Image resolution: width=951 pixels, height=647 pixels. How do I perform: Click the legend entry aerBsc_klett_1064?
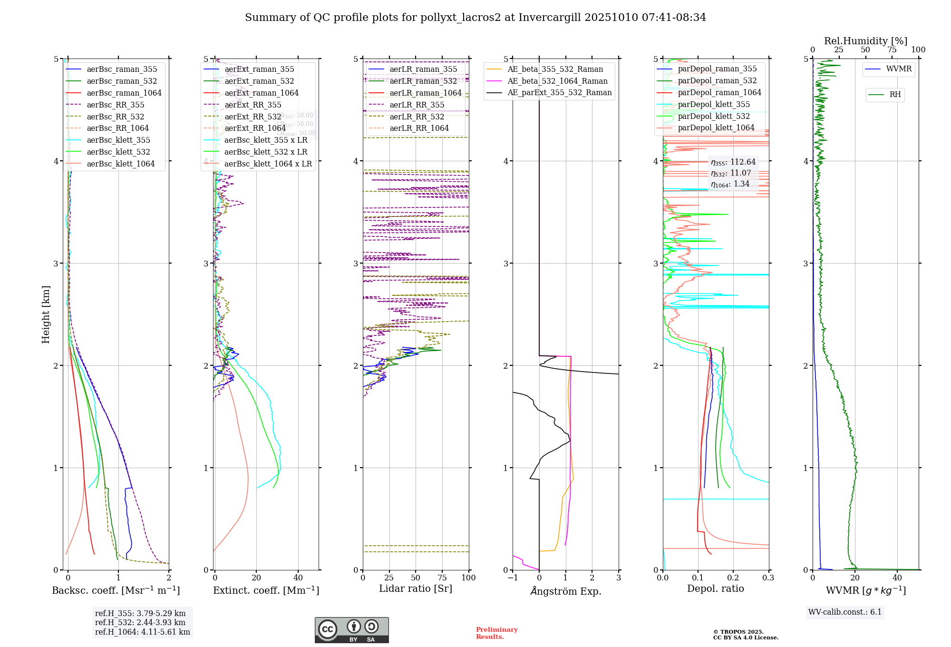tap(120, 164)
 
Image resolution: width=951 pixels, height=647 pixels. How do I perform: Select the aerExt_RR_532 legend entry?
tap(252, 117)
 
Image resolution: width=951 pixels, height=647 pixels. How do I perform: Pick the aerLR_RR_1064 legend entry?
tap(419, 128)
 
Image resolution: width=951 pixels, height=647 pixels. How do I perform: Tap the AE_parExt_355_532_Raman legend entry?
tap(559, 92)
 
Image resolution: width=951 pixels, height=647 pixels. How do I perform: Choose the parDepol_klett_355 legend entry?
tap(713, 104)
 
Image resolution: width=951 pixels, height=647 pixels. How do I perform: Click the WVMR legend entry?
tap(899, 69)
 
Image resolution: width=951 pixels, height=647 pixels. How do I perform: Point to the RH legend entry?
tap(895, 95)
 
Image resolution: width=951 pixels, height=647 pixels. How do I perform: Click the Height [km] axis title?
tap(46, 314)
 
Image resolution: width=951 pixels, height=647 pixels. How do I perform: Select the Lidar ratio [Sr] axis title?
tap(415, 588)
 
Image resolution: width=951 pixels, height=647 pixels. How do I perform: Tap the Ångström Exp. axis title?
tap(565, 591)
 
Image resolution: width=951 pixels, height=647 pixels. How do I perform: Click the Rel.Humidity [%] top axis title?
tap(865, 41)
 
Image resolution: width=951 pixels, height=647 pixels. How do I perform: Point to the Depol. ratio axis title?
tap(715, 588)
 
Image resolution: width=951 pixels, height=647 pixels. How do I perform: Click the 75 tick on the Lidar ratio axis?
tap(442, 578)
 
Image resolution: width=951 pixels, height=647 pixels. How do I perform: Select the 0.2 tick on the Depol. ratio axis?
tap(733, 578)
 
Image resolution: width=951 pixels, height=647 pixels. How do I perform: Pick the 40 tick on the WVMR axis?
tap(897, 578)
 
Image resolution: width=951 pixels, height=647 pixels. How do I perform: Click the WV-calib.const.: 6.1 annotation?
tap(845, 612)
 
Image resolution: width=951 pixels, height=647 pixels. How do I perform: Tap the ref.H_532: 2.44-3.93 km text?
tap(140, 622)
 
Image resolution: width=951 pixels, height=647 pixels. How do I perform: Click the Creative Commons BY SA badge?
tap(351, 630)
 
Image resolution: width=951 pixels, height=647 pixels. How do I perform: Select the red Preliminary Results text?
tap(496, 633)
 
